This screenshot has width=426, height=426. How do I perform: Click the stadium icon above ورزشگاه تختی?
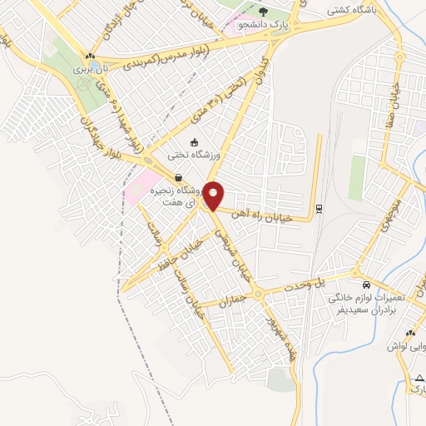(194, 142)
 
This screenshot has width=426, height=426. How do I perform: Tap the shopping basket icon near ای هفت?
(180, 176)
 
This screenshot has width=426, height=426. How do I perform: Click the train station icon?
(319, 208)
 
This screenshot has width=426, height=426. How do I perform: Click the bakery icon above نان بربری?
(89, 57)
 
